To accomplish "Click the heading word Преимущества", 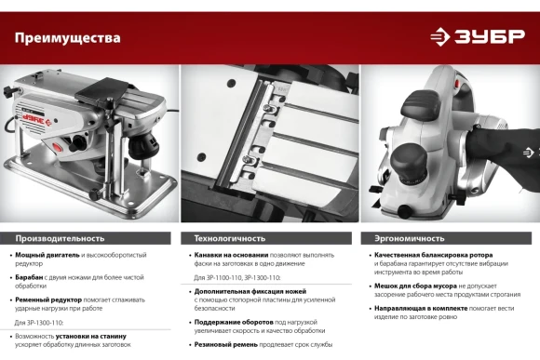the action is (x=67, y=38).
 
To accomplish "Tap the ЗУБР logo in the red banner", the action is (x=478, y=36).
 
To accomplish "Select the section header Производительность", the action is (x=60, y=238).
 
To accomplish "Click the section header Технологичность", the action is (x=230, y=238).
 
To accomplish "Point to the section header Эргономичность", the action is (x=410, y=238).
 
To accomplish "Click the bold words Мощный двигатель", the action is (x=47, y=255).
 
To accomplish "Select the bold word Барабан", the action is (x=29, y=277).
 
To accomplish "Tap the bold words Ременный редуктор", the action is (x=48, y=300).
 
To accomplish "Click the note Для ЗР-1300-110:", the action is (x=39, y=323).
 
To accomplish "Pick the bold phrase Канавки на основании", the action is (x=231, y=255).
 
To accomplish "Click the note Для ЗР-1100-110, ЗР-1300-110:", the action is (x=236, y=278).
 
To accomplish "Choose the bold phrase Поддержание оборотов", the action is (x=234, y=322).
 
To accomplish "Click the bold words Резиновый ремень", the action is (x=226, y=344).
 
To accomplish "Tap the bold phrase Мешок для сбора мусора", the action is (x=415, y=286).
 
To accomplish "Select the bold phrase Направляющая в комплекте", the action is (x=421, y=309).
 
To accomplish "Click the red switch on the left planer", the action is (x=58, y=148).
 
